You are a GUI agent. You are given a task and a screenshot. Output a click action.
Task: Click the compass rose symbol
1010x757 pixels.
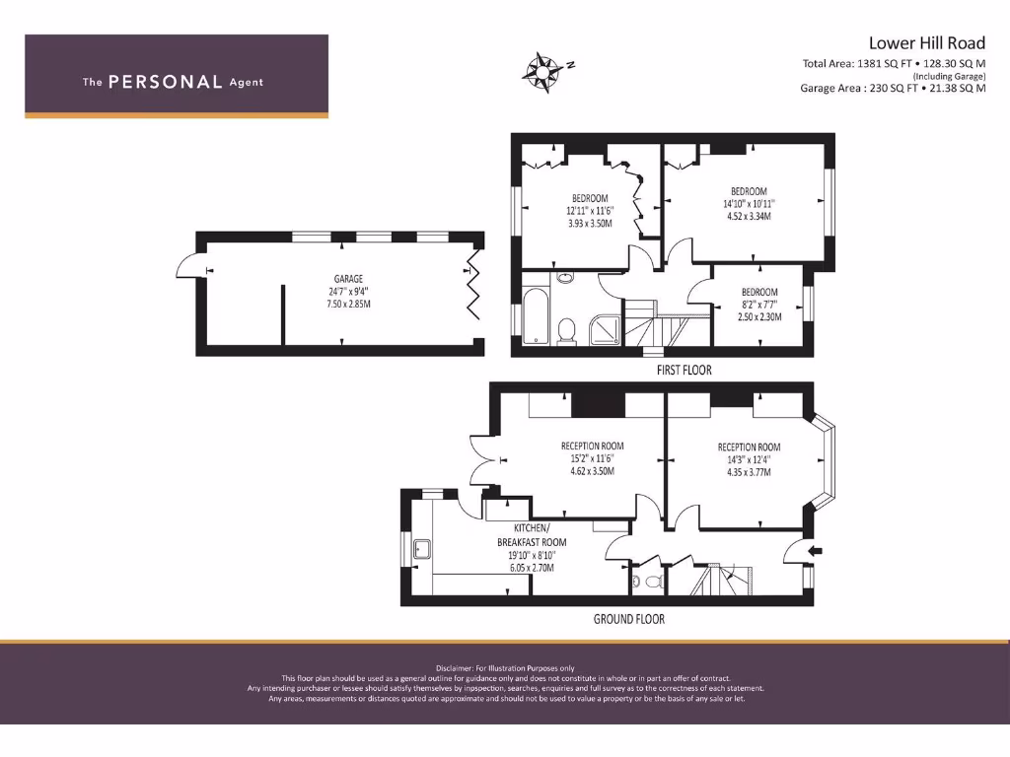pyautogui.click(x=541, y=69)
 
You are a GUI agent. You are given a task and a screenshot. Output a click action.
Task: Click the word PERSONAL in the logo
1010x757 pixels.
pyautogui.click(x=165, y=83)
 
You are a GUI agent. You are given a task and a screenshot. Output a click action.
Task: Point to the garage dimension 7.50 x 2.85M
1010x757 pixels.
pyautogui.click(x=343, y=304)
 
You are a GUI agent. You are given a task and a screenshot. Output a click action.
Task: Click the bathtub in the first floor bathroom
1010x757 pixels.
pyautogui.click(x=536, y=316)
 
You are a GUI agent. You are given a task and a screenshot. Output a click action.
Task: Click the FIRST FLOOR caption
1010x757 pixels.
pyautogui.click(x=684, y=371)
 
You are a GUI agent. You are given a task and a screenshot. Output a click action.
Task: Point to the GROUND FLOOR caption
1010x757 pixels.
pyautogui.click(x=628, y=619)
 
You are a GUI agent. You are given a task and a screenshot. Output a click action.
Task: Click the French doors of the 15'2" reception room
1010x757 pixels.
pyautogui.click(x=485, y=459)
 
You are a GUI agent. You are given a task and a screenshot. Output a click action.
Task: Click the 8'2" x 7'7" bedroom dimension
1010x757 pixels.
pyautogui.click(x=758, y=305)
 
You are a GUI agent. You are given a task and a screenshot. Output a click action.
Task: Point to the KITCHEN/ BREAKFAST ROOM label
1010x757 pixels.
pyautogui.click(x=532, y=535)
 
